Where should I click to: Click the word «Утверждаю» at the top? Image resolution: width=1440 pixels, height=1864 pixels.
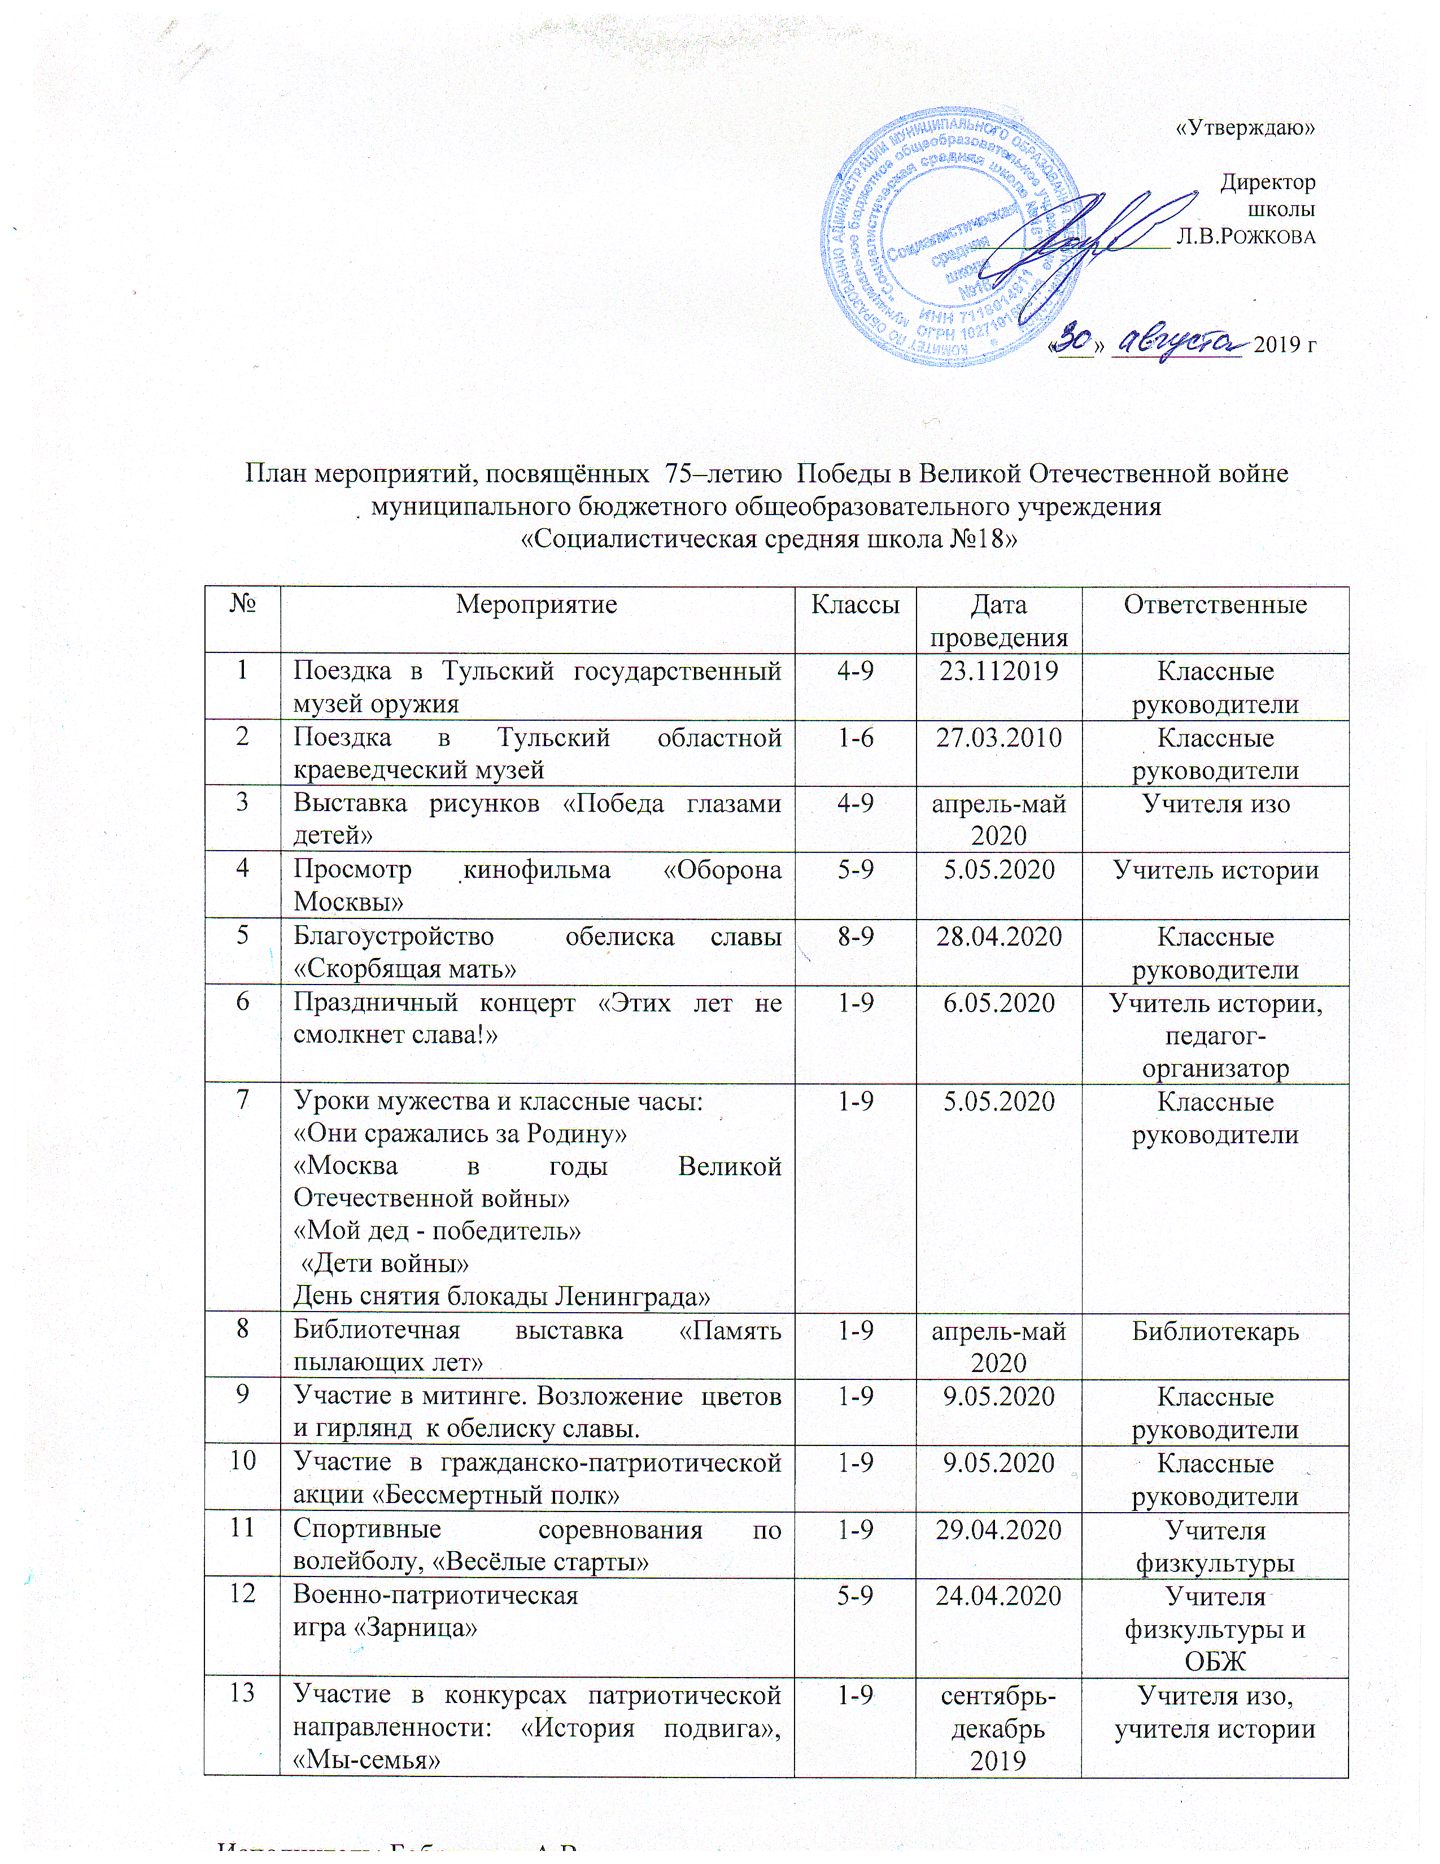tap(1246, 129)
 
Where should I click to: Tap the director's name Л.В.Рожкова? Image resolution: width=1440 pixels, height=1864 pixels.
tap(1246, 237)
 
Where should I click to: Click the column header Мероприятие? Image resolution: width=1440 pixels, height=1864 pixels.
tap(536, 604)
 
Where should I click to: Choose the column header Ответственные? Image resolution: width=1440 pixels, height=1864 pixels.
tap(1215, 604)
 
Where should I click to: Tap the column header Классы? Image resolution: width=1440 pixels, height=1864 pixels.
tap(855, 604)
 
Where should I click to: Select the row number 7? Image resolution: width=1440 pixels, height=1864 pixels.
tap(242, 1101)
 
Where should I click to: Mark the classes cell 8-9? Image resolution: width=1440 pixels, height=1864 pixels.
tap(855, 937)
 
